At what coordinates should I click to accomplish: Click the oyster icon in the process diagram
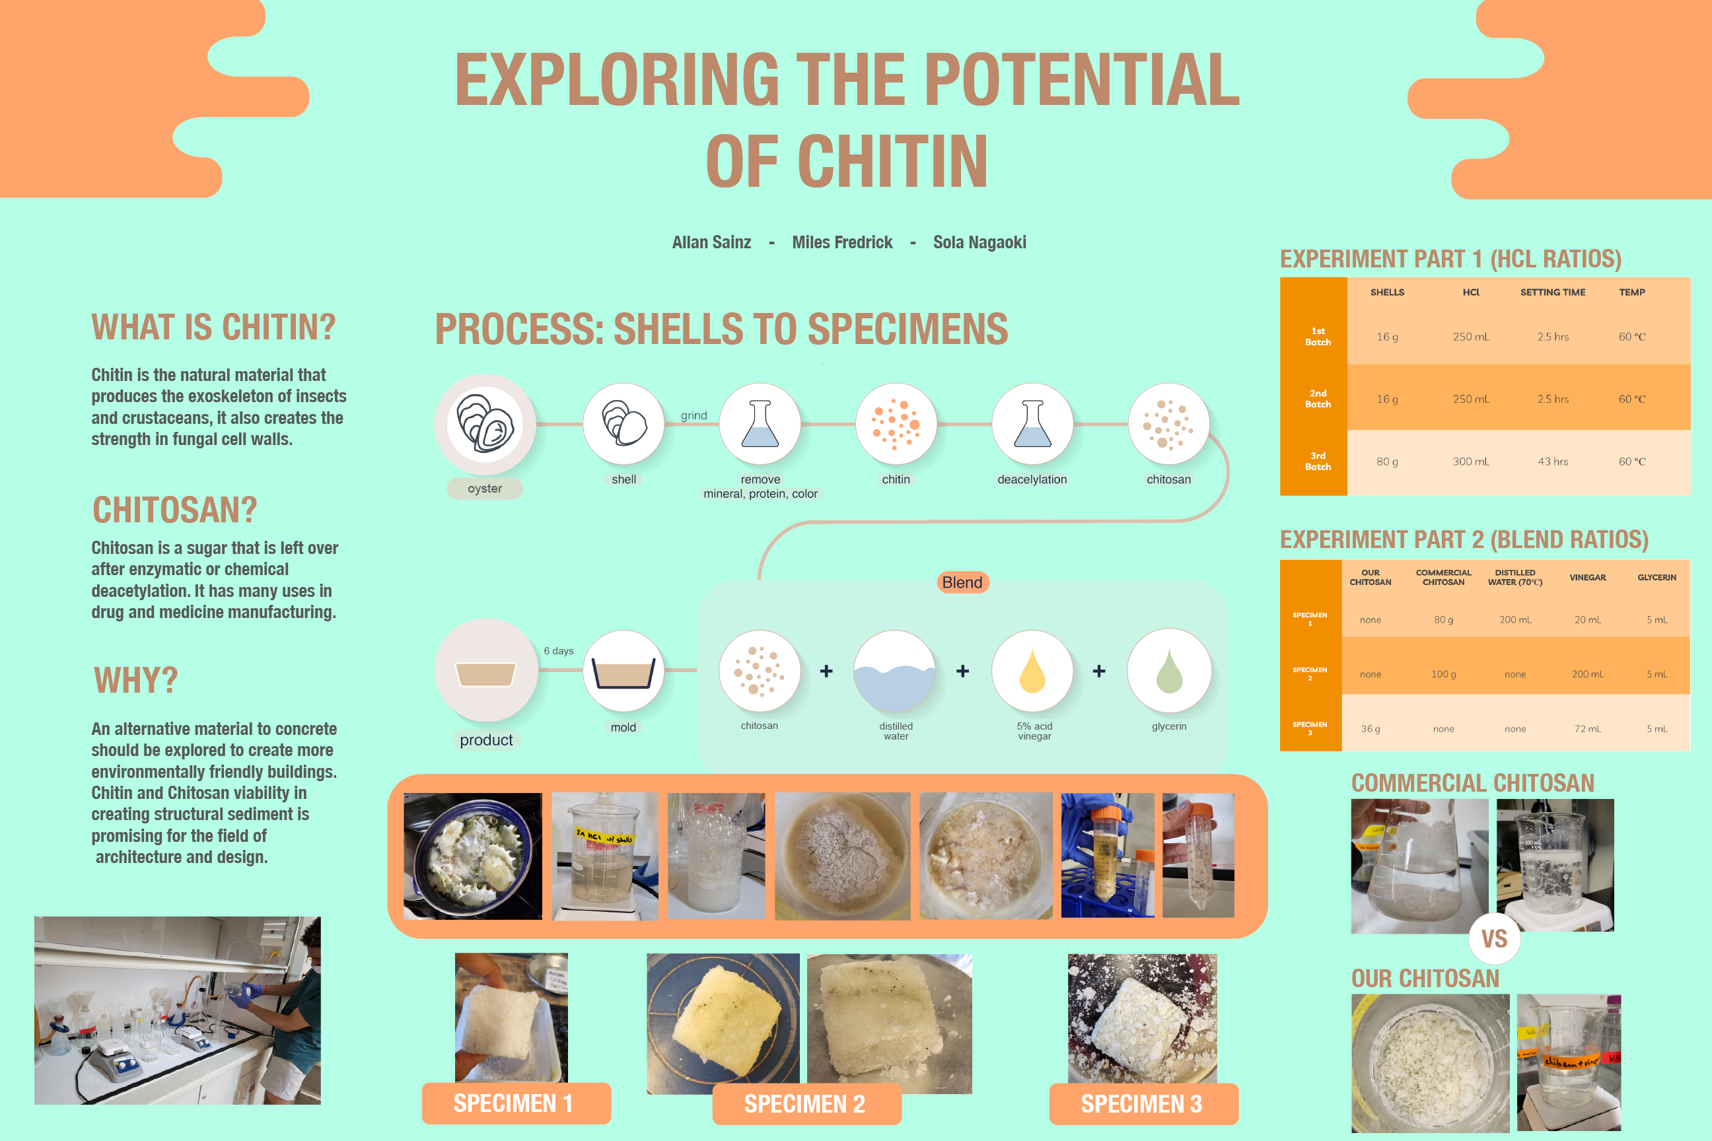point(485,424)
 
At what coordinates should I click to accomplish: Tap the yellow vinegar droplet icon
point(1032,671)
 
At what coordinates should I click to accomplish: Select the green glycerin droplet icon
point(1169,671)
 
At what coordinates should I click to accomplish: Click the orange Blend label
point(962,582)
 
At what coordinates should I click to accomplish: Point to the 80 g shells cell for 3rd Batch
point(1386,462)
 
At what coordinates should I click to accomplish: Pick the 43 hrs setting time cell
point(1553,462)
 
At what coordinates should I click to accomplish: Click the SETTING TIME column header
point(1553,292)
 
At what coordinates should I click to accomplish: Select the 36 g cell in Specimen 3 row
point(1370,728)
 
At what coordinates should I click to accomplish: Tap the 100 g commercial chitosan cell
point(1443,674)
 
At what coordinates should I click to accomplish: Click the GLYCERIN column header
point(1657,577)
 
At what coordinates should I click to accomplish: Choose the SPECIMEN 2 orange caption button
point(806,1103)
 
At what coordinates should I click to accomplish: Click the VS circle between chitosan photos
point(1494,938)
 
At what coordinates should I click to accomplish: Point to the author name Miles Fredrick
point(841,242)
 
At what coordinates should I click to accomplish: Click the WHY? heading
point(136,680)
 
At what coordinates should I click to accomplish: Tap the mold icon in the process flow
point(623,671)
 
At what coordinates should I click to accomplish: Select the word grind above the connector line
point(694,415)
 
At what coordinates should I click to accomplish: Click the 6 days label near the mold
point(558,650)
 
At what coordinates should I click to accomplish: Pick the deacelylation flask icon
point(1032,424)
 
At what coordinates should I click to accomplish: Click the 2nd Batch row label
point(1318,399)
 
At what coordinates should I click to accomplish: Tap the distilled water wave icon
point(894,671)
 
